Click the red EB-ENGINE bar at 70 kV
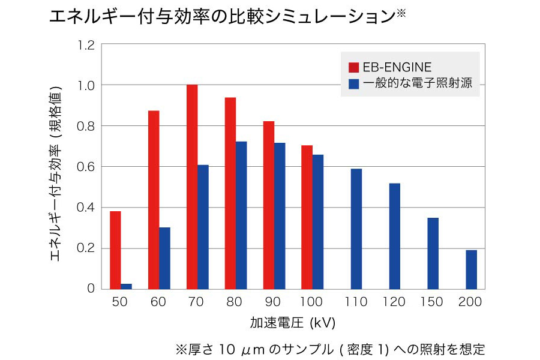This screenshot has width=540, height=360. coord(192,187)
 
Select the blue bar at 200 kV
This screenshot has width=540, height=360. coord(471,269)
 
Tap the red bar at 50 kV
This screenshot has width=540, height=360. coord(115,250)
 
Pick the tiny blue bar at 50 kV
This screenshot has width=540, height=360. coord(126,286)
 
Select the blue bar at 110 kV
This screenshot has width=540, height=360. coord(356,229)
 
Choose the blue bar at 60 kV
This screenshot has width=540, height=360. coord(164,258)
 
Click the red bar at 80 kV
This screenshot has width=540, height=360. coord(230,193)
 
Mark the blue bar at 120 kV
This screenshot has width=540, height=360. coord(394,236)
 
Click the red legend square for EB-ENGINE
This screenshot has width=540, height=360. coord(353,67)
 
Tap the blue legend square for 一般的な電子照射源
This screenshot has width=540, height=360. coord(353,83)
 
